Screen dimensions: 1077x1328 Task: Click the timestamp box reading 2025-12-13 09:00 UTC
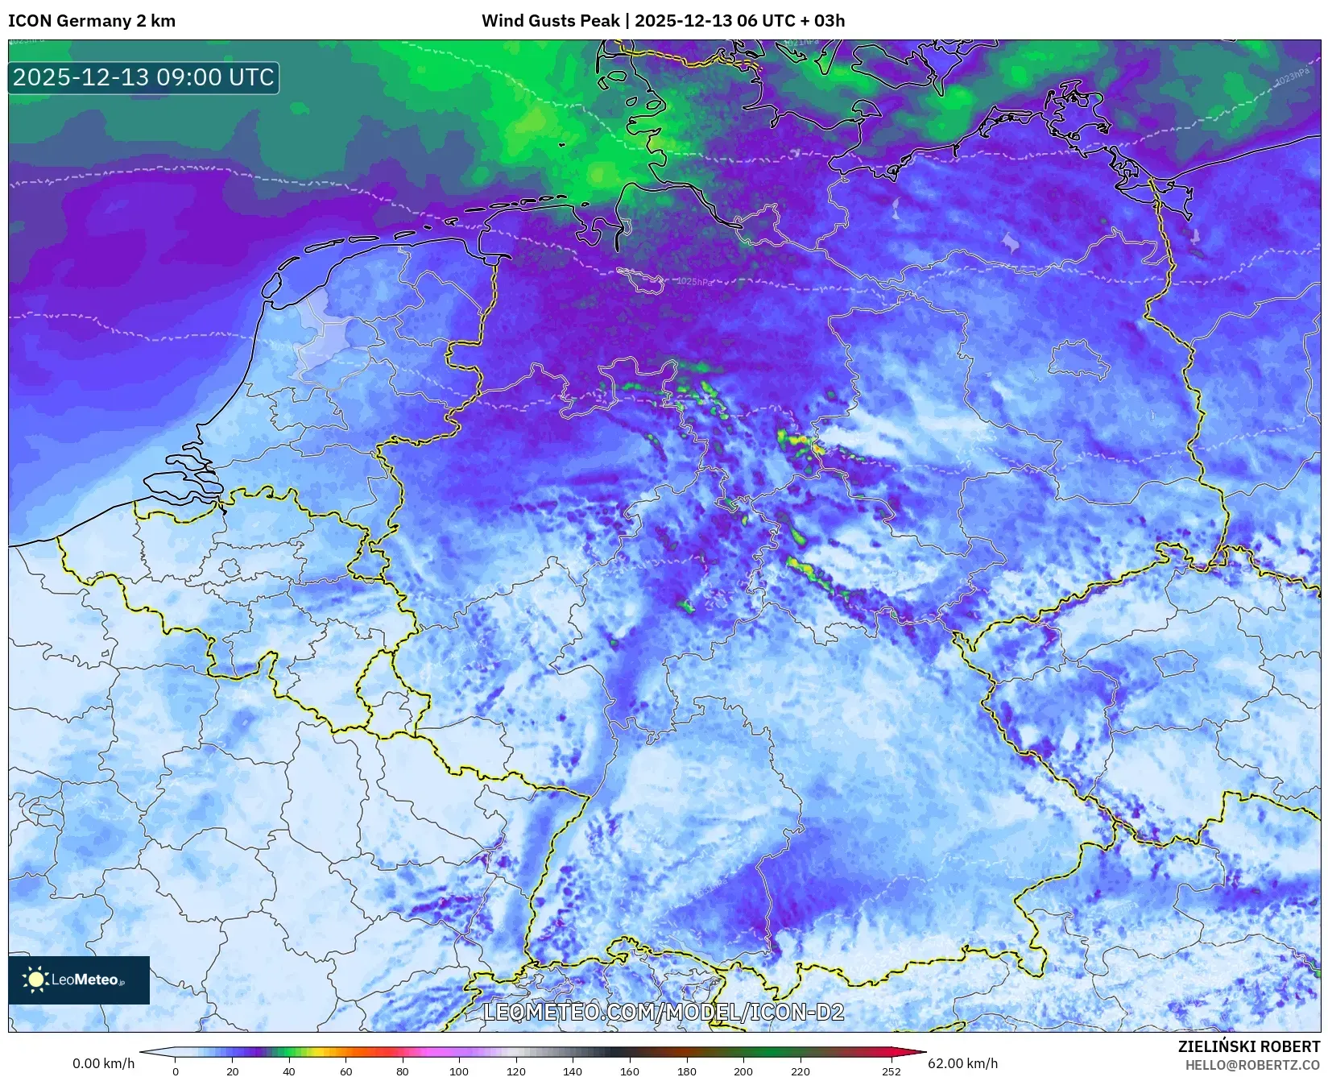[x=143, y=77]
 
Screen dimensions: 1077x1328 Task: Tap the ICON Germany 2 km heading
[x=92, y=21]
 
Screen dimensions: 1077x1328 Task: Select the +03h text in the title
[x=829, y=21]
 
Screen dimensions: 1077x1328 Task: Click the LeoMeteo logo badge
[x=79, y=980]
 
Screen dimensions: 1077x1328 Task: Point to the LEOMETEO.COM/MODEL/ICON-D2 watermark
[x=664, y=1012]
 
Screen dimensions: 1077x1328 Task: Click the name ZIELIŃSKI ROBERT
[x=1249, y=1046]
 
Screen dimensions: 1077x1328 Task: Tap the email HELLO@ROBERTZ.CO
[x=1252, y=1065]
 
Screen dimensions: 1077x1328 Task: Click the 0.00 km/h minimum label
[x=104, y=1063]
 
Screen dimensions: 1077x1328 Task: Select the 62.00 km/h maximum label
[x=962, y=1063]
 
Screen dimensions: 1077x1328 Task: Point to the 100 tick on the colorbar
[x=459, y=1071]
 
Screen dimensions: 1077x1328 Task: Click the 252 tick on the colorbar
[x=891, y=1071]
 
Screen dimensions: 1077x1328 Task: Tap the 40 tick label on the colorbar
[x=289, y=1071]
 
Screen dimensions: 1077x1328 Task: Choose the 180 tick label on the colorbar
[x=686, y=1071]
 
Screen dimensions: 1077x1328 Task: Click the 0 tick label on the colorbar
[x=176, y=1071]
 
